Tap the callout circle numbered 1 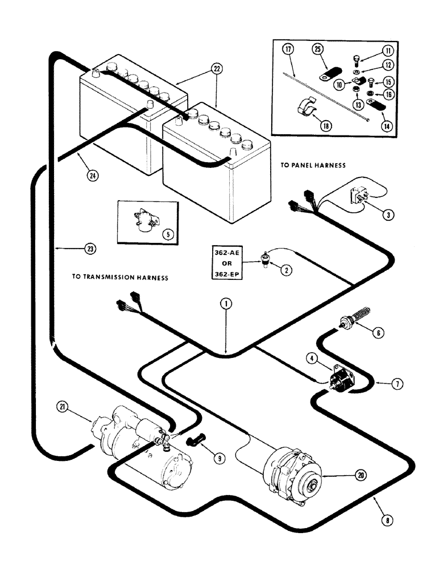(226, 304)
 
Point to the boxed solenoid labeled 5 (139, 220)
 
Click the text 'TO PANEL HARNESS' (313, 165)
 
